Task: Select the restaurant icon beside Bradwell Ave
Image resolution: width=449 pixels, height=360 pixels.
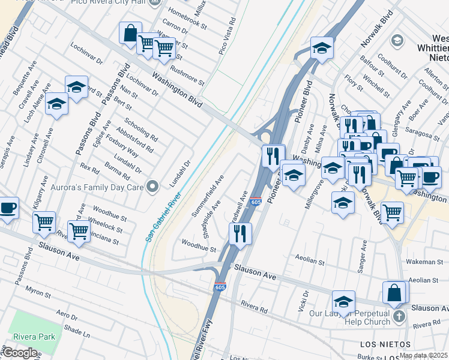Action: [240, 233]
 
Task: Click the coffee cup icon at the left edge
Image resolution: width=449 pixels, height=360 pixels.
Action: [8, 208]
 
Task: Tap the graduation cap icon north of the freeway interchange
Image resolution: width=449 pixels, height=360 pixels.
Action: [322, 49]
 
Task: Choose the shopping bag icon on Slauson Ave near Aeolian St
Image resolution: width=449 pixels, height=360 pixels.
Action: [394, 292]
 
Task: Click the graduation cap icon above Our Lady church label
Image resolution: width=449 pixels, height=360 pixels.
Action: [343, 301]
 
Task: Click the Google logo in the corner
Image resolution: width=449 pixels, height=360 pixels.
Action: [20, 353]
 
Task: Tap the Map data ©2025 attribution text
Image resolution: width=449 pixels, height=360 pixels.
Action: [423, 356]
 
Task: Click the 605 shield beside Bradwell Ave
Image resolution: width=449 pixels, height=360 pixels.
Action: [256, 202]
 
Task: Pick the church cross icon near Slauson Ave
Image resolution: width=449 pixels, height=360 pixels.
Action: [399, 316]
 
